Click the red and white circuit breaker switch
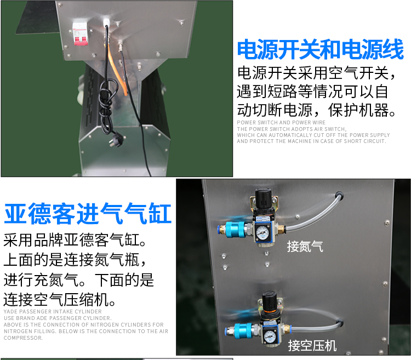(x=79, y=33)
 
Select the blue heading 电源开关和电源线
(x=321, y=49)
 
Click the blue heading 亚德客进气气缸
(x=88, y=214)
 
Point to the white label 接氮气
(x=305, y=246)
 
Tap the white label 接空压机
(x=312, y=345)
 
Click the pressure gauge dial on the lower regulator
(x=269, y=336)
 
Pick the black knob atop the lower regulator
(x=270, y=301)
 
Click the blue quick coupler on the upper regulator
(x=235, y=230)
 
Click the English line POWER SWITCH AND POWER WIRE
(x=281, y=122)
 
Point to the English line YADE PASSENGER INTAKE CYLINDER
(x=53, y=312)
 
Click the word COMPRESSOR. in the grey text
(x=23, y=338)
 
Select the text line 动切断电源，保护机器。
(x=316, y=110)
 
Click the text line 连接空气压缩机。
(x=60, y=300)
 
